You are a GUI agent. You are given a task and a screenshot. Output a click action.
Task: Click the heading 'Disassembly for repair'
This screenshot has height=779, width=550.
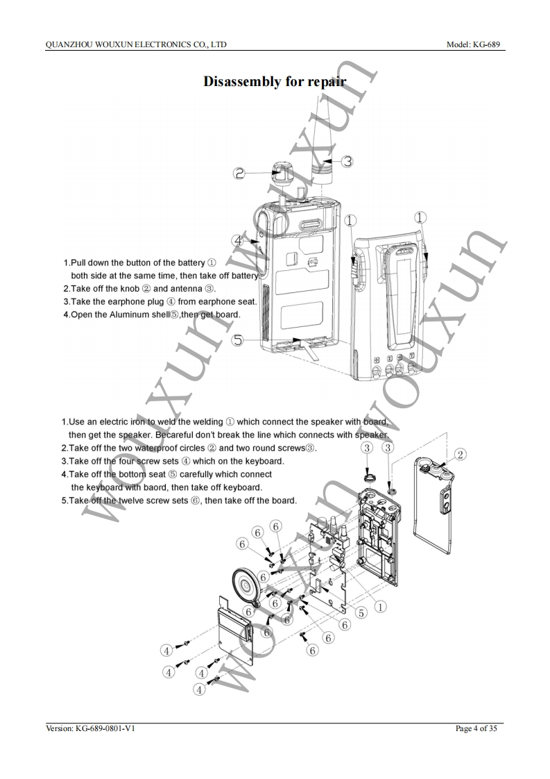coord(275,82)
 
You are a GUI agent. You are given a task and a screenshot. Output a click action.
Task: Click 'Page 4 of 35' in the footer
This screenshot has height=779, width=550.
coord(476,728)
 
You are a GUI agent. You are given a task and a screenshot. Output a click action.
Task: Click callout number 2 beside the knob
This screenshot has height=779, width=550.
coord(239,174)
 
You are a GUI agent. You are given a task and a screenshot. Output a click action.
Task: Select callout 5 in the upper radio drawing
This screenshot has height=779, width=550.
coord(238,341)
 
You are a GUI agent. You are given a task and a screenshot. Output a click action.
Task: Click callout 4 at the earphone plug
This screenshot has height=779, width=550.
coord(238,241)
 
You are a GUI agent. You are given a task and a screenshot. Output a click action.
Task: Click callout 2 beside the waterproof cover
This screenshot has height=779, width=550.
coord(460,455)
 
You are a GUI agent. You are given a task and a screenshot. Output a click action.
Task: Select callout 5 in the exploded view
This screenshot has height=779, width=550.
coord(361,613)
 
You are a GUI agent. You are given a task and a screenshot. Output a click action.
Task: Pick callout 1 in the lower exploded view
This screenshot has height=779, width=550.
coord(380,606)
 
